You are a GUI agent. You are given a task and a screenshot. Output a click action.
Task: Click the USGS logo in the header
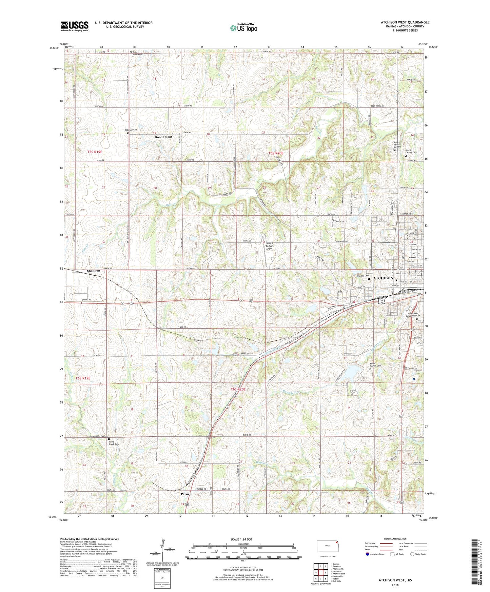[x=75, y=26]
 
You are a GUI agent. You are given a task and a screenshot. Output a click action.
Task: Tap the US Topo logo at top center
[x=243, y=28]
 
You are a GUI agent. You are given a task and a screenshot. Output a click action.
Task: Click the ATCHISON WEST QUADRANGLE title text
[x=405, y=22]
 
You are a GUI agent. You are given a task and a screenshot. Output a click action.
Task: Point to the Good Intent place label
[x=163, y=137]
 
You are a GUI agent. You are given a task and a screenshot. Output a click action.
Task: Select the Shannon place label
[x=93, y=271]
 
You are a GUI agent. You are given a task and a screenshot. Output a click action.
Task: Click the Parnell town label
[x=186, y=494]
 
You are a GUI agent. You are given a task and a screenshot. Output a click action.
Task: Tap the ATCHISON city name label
[x=383, y=278]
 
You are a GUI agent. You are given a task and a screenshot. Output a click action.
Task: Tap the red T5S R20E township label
[x=276, y=153]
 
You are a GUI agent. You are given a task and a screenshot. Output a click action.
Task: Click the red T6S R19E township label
[x=83, y=378]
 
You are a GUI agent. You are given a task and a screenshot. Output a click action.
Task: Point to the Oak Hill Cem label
[x=362, y=276]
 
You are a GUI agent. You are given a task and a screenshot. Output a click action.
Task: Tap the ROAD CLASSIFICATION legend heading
[x=395, y=539]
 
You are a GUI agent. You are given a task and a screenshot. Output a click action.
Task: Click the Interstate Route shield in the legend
[x=368, y=554]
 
